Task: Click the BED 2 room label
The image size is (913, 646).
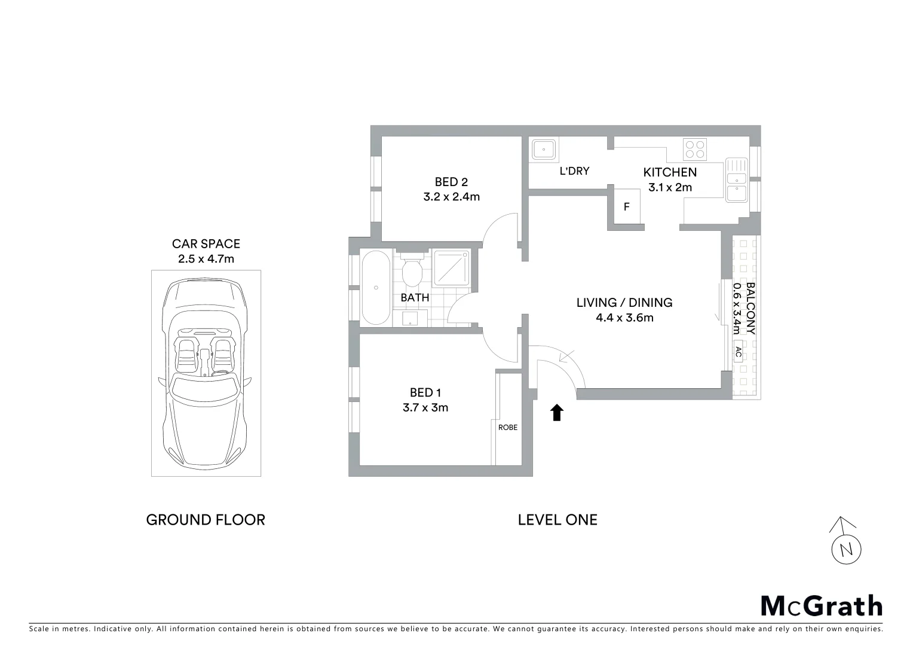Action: tap(451, 182)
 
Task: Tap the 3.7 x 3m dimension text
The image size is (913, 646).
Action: tap(425, 408)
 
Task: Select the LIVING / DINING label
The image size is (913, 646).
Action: tap(624, 303)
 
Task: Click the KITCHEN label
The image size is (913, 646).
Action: tap(670, 172)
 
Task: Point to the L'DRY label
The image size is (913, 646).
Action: tap(574, 171)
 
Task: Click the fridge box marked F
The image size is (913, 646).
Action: tap(626, 207)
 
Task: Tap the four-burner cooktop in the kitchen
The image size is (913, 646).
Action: tap(695, 149)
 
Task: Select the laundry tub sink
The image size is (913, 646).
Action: tap(544, 149)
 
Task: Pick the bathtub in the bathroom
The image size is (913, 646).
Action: tap(376, 288)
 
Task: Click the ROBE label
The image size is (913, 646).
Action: tap(508, 427)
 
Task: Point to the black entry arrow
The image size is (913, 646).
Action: tap(557, 413)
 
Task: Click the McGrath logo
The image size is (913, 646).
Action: tap(822, 606)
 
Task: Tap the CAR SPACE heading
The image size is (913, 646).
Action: tap(206, 244)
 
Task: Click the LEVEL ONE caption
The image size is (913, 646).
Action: tap(557, 520)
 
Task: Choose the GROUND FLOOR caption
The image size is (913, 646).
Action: tap(206, 520)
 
